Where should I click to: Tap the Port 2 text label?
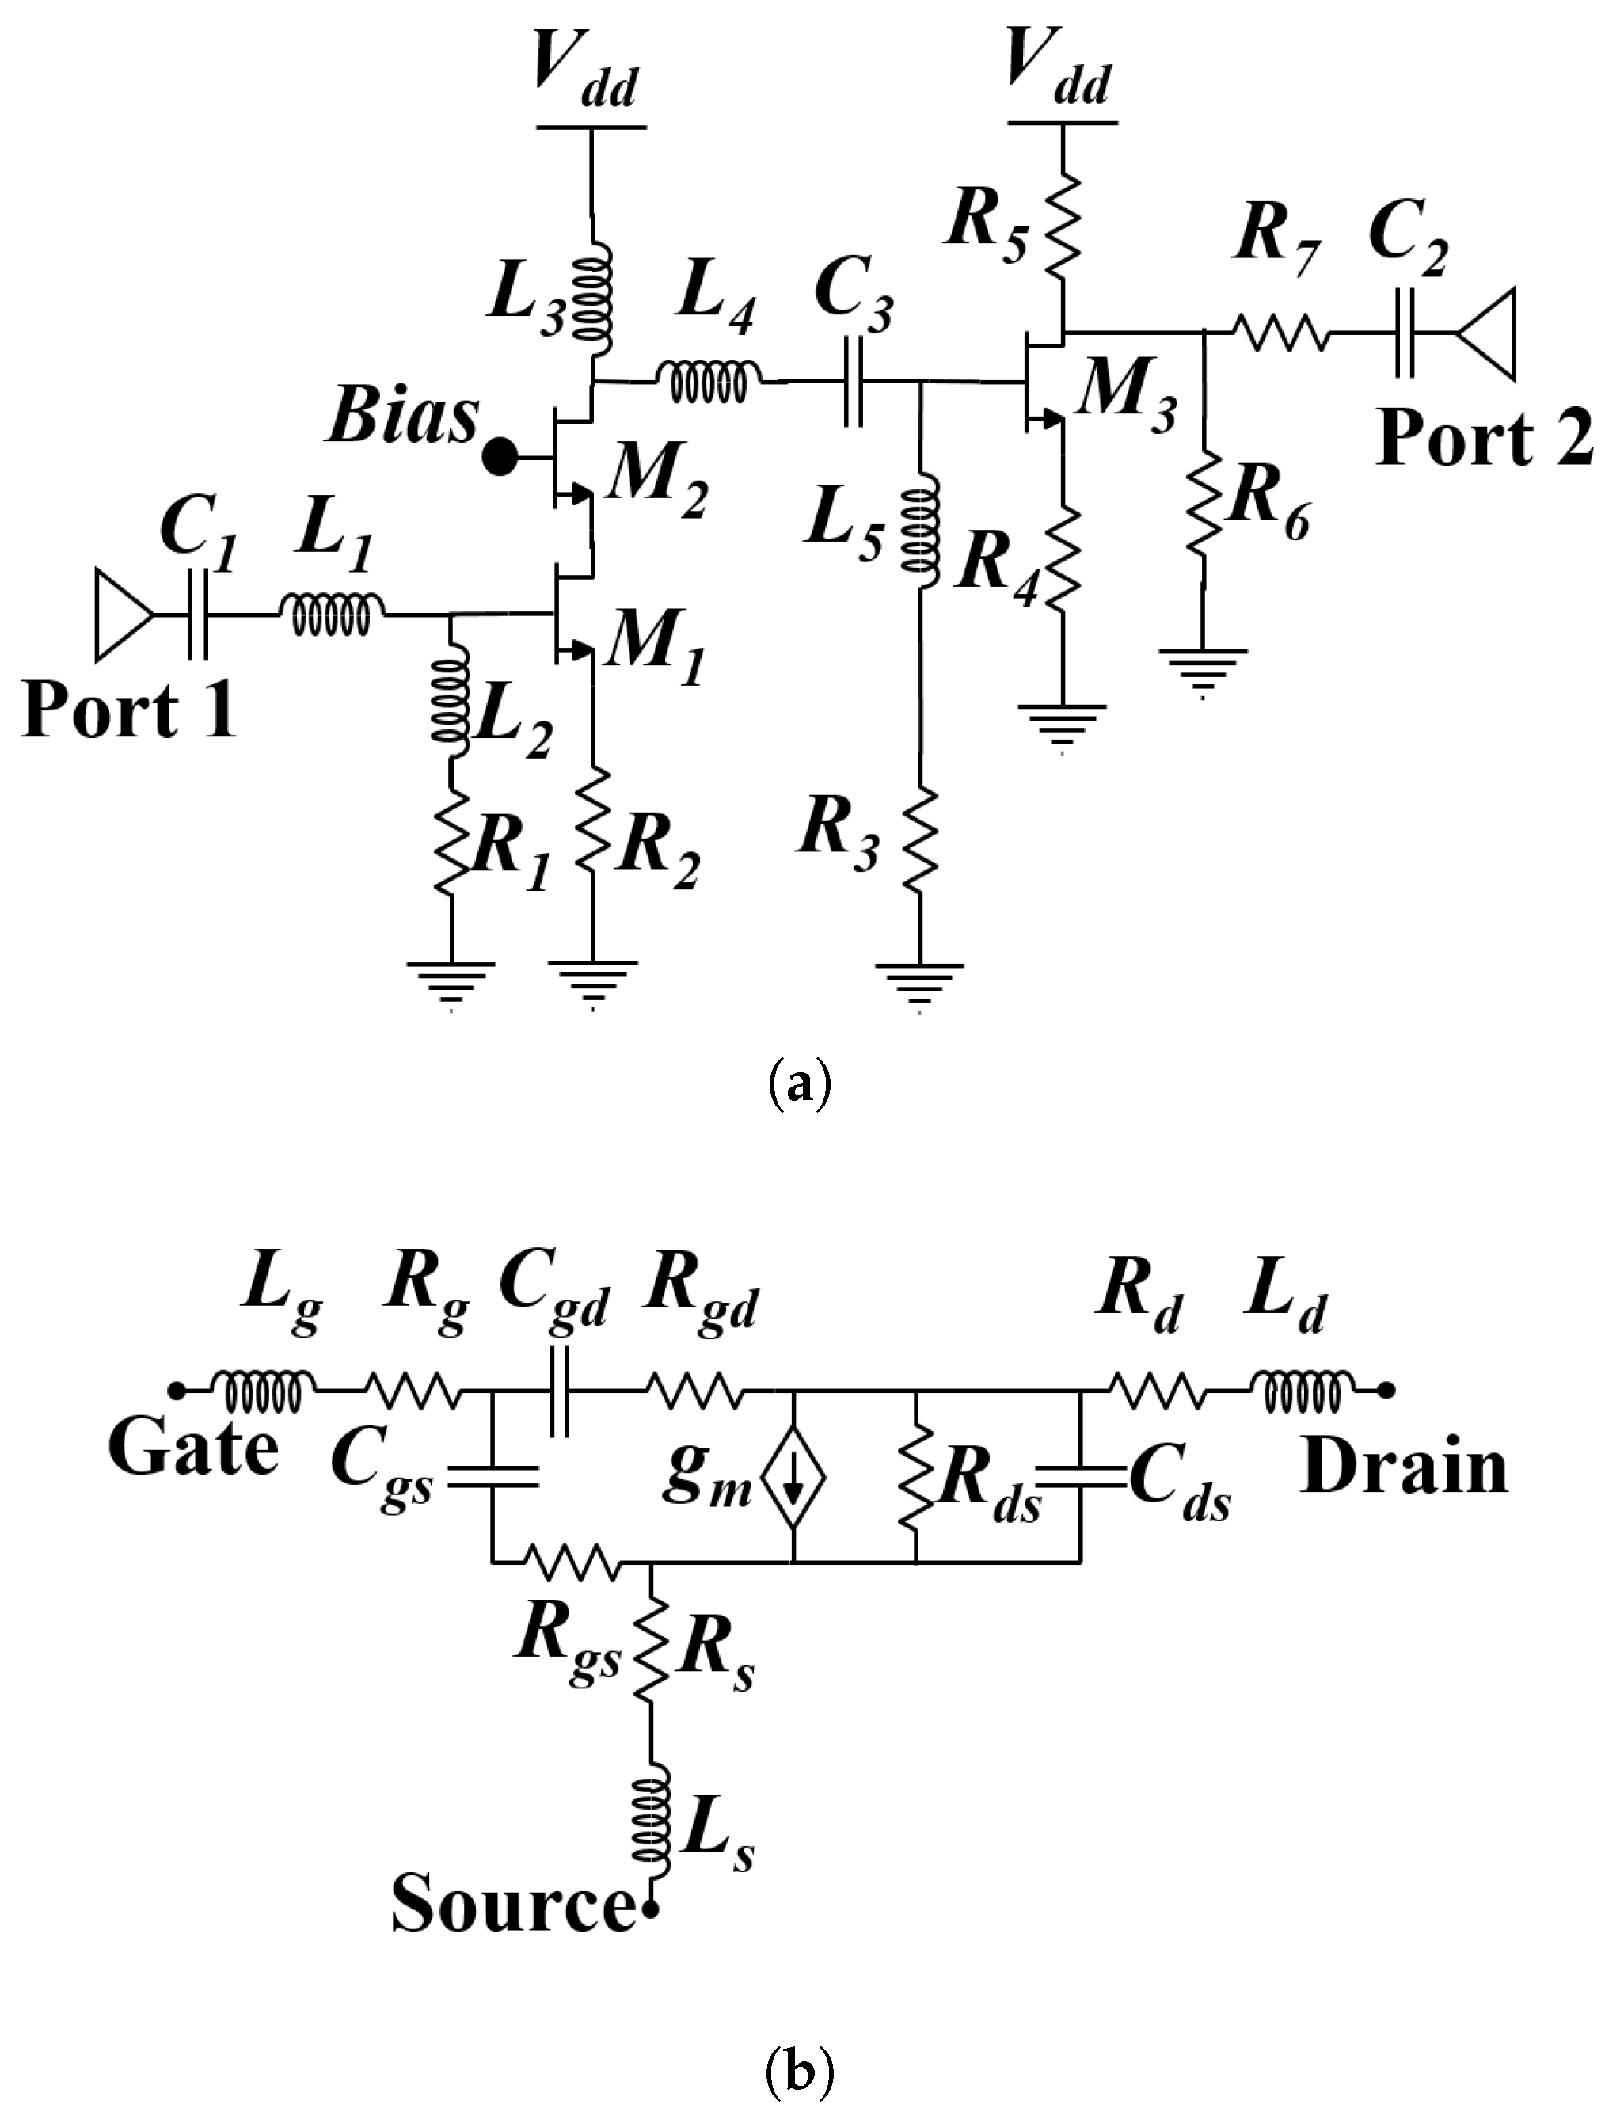tap(1484, 440)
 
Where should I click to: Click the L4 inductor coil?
tap(709, 382)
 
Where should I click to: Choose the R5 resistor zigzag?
tap(1063, 224)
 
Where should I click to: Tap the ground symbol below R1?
tap(451, 978)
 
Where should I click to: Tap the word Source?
tap(512, 1905)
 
